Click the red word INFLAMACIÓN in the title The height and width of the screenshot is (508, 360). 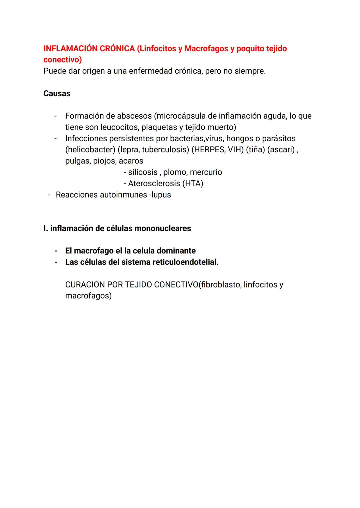click(70, 49)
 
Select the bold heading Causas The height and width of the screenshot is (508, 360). click(57, 94)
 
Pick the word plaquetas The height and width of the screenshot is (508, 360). click(160, 127)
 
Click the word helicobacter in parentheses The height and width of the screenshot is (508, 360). click(90, 150)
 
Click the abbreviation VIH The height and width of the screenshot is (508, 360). click(235, 150)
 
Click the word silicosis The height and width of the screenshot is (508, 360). click(143, 172)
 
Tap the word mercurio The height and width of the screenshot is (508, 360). click(206, 172)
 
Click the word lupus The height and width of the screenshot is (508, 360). click(161, 195)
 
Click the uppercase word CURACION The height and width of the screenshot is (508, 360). click(85, 285)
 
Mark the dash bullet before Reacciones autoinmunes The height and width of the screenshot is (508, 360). click(49, 195)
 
